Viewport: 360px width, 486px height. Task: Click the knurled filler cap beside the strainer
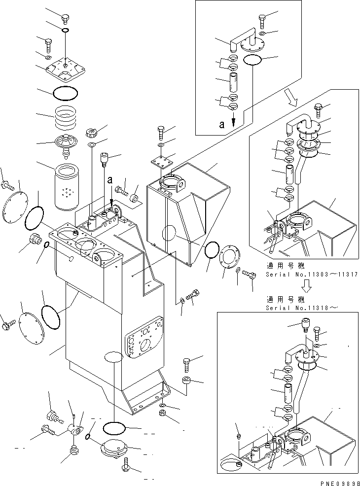pyautogui.click(x=91, y=133)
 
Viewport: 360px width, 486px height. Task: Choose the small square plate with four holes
pyautogui.click(x=163, y=161)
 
